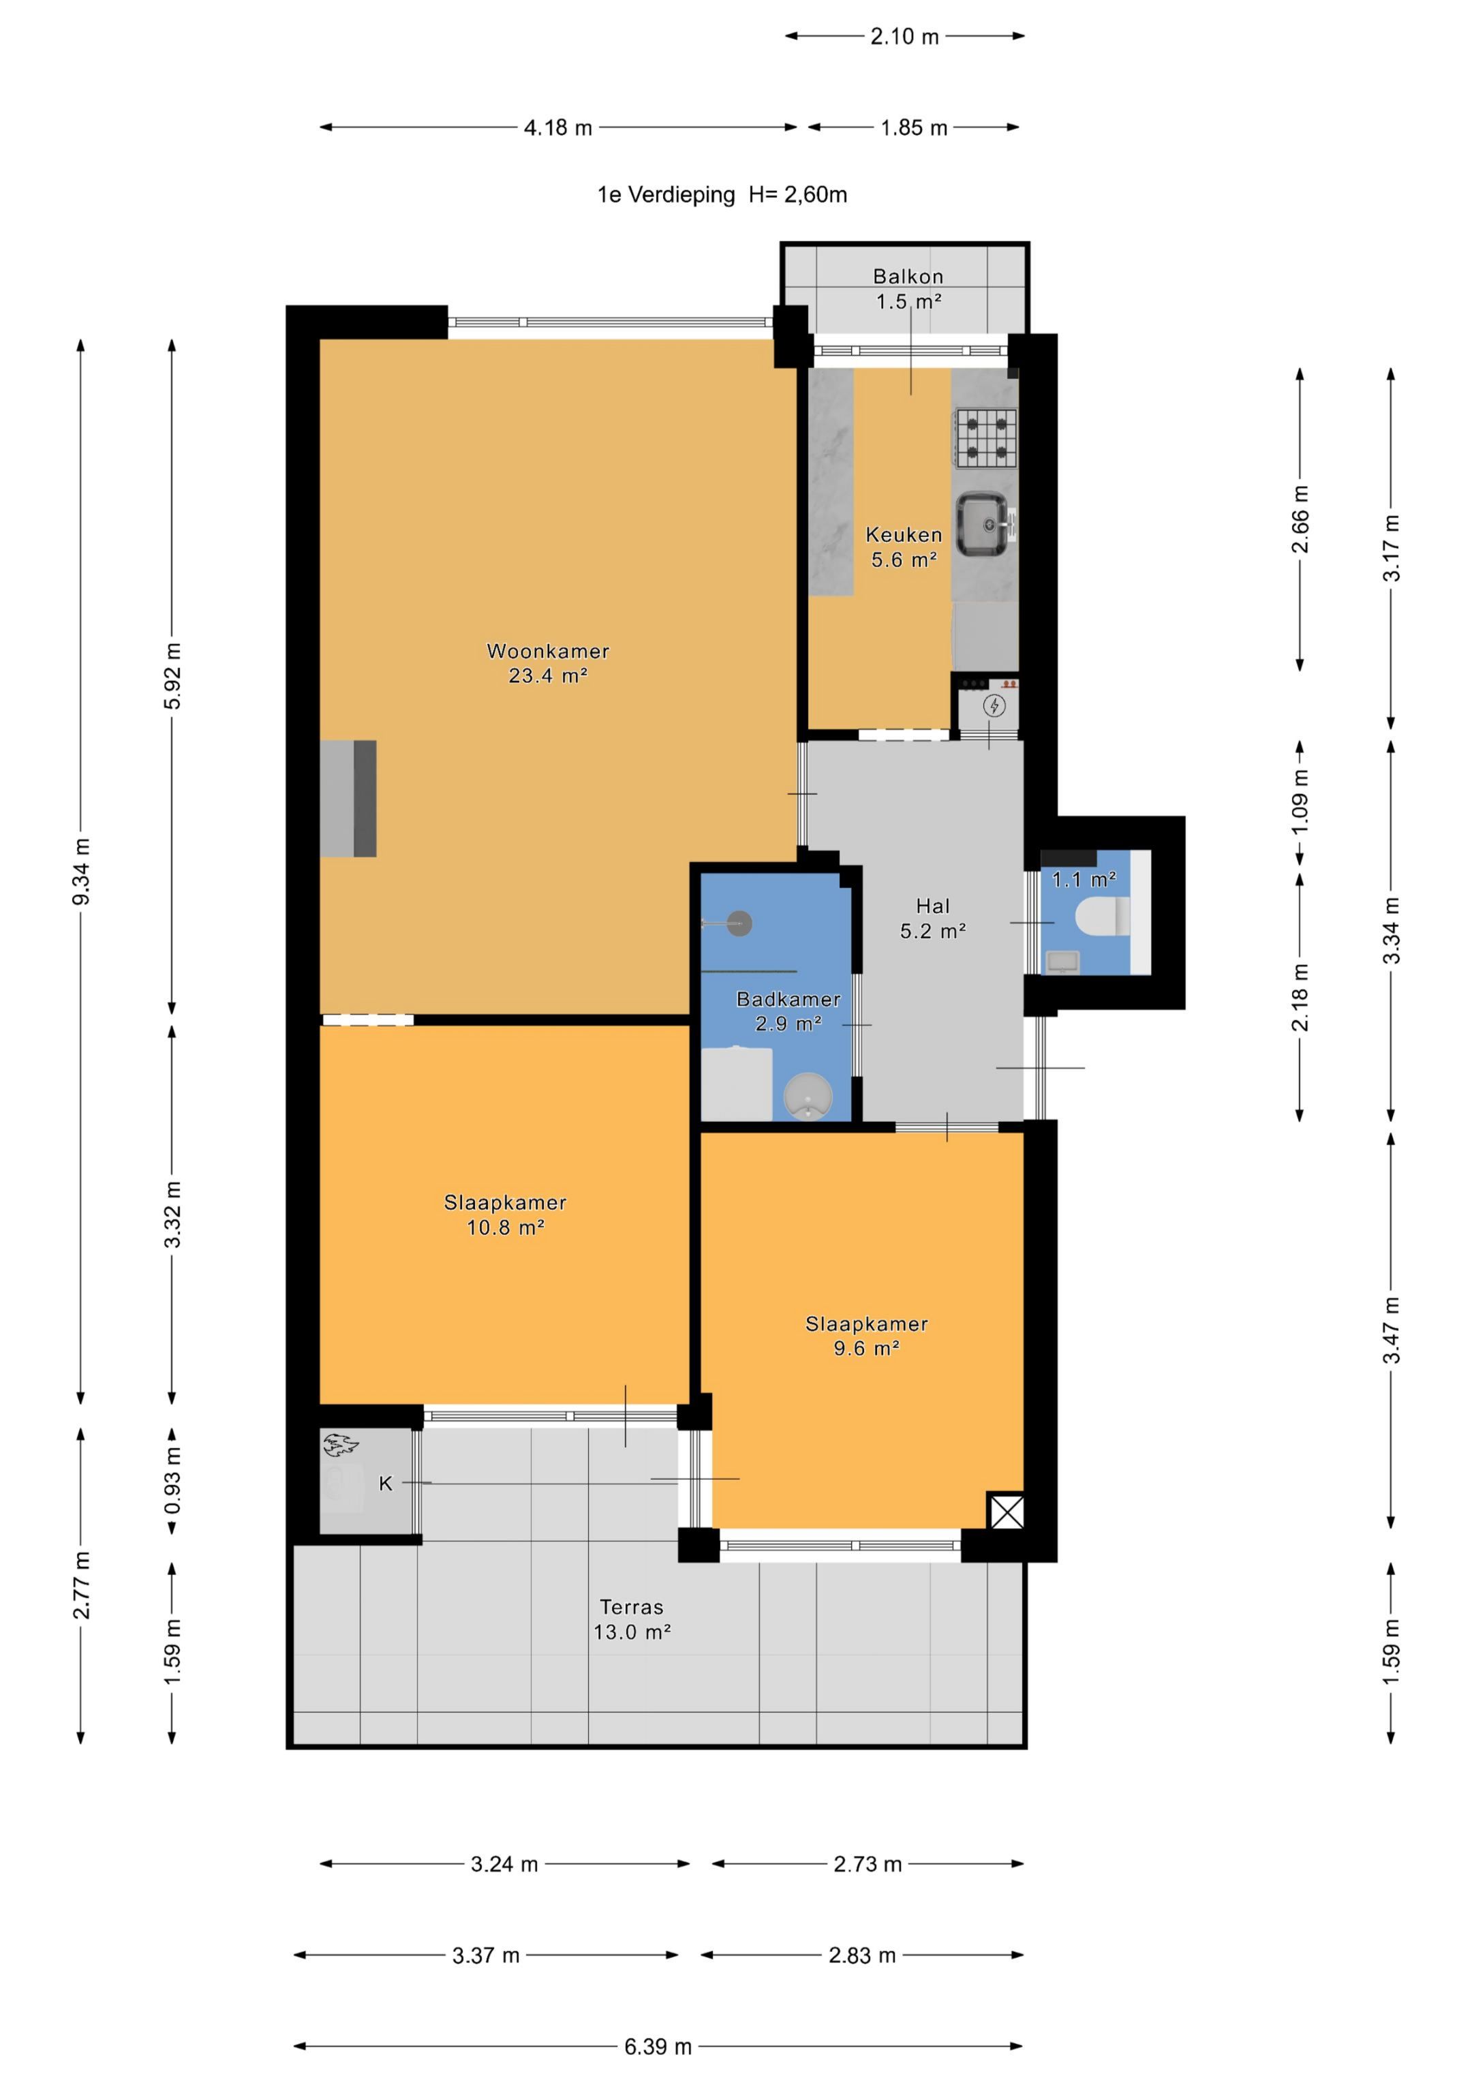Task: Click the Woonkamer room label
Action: (x=548, y=650)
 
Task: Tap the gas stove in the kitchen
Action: (x=985, y=438)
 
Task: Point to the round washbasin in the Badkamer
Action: (x=807, y=1097)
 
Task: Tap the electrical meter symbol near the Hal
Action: (x=995, y=705)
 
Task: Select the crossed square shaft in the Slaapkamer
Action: (x=1006, y=1512)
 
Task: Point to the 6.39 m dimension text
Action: (x=658, y=2046)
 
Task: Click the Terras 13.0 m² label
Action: (x=632, y=1619)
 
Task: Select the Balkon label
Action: (x=908, y=275)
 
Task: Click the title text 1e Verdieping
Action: (x=666, y=194)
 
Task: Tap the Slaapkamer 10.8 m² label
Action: (x=505, y=1214)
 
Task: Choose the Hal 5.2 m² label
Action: (x=932, y=918)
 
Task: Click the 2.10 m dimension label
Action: (x=904, y=36)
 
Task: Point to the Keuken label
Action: (x=904, y=534)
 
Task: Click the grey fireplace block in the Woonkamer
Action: (x=348, y=798)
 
